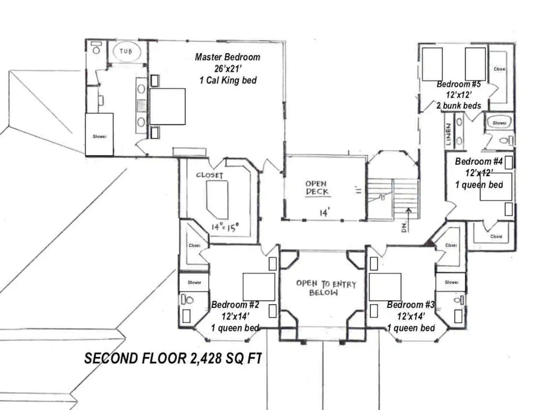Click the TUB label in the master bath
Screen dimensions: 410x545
(x=126, y=52)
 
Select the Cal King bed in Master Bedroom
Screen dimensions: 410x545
(x=167, y=106)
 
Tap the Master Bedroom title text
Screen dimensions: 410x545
(x=227, y=57)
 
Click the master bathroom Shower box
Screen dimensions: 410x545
(x=100, y=135)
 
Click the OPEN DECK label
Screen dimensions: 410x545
(x=317, y=188)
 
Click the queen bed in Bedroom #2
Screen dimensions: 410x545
(x=259, y=286)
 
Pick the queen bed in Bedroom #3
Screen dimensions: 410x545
(x=385, y=286)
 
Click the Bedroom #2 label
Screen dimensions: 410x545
(x=235, y=305)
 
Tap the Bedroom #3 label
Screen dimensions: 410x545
(x=411, y=305)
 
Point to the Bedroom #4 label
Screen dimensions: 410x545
(x=479, y=162)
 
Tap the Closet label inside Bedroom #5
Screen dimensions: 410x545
(x=499, y=69)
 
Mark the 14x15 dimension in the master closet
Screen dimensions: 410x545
(x=224, y=227)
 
